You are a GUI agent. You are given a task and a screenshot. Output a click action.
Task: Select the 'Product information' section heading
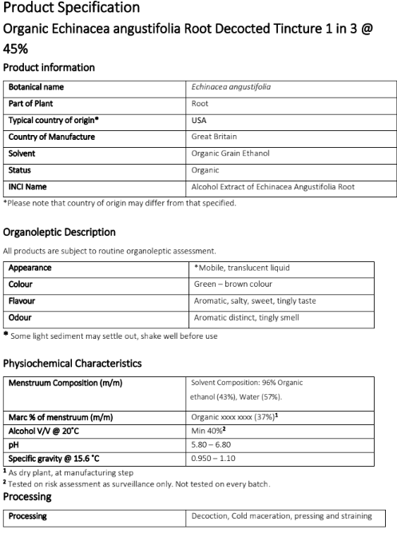50,67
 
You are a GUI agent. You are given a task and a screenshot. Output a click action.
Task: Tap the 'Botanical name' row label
37,87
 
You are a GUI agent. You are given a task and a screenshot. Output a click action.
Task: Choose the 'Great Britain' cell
212,137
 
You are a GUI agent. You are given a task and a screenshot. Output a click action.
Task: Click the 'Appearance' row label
30,268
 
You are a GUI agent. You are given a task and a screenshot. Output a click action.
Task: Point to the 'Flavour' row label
23,301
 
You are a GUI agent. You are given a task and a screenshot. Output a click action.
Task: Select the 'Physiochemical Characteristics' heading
73,363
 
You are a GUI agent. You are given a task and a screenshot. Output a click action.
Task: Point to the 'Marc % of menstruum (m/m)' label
60,417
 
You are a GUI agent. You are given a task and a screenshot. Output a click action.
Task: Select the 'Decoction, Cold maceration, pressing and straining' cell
282,516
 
